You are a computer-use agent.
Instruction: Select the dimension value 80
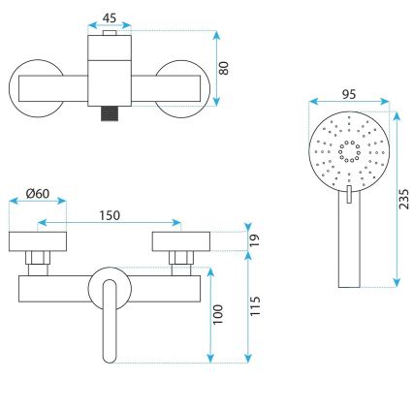point(226,69)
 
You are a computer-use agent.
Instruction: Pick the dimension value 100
point(218,312)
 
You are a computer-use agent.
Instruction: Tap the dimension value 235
point(404,198)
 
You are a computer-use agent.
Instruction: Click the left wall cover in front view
point(37,242)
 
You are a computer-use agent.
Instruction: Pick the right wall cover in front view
point(178,242)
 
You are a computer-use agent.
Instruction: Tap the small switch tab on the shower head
point(345,197)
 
